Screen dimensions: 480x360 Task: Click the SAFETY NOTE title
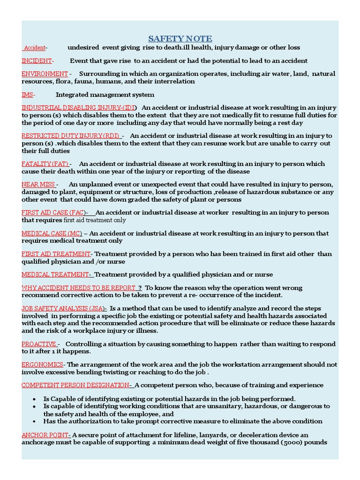180,38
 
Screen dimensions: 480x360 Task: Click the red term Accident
34,48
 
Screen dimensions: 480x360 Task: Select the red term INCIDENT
37,60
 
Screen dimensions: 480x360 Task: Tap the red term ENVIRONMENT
45,74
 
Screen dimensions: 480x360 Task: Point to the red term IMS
27,95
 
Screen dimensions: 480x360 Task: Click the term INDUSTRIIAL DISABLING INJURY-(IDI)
79,107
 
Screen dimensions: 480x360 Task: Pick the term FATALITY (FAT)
45,164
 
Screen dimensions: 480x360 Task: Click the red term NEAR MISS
38,184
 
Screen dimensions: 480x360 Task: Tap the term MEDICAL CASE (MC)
52,233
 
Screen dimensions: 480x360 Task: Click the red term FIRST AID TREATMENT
56,254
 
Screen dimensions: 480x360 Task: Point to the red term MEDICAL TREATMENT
55,274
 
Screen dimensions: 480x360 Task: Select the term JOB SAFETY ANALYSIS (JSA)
63,308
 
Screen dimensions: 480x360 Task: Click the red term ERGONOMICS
42,364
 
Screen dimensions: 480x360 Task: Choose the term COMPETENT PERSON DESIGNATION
75,385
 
